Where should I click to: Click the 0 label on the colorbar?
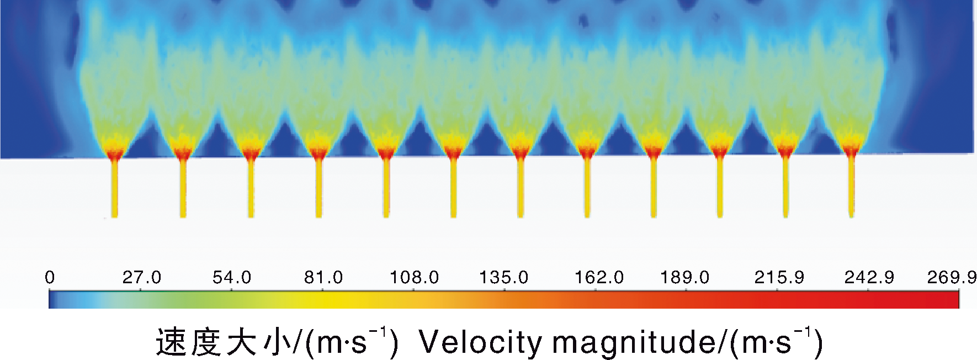pos(50,277)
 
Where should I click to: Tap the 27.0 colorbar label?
pos(142,277)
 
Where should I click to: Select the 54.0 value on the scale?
pos(232,277)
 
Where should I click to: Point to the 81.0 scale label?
pos(323,277)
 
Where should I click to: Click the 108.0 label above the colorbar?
pos(415,277)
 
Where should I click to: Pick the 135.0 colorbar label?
pos(504,277)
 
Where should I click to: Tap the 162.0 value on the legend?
pos(599,277)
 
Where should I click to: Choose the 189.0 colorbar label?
pos(685,277)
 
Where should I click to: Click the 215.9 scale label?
pos(779,277)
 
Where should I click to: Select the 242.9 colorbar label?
pos(869,277)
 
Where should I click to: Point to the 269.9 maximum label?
pos(952,277)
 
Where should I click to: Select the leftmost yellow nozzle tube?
pos(115,188)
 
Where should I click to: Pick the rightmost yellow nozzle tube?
pos(851,188)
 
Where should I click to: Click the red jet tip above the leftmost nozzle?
pos(115,152)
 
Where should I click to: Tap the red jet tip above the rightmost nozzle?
pos(851,151)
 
